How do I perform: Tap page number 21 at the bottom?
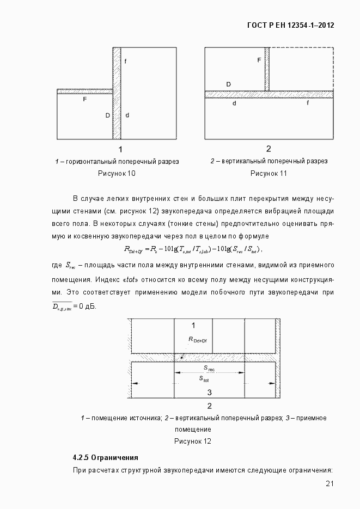pos(329,484)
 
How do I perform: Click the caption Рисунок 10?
pos(117,174)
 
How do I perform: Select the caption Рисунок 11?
pos(269,174)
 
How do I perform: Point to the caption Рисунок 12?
pos(192,441)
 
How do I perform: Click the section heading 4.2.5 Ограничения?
pos(106,457)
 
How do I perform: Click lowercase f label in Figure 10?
pos(125,62)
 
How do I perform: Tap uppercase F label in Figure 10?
pos(85,100)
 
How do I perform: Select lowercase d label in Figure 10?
pos(127,115)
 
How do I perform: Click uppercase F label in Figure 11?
pos(259,60)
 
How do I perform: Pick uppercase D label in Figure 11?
pos(228,84)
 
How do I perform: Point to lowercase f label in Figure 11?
pos(308,102)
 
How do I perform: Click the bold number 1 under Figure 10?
pos(120,149)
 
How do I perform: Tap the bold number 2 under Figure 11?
pos(269,149)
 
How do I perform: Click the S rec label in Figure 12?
pos(209,369)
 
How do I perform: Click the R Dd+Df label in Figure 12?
pos(198,340)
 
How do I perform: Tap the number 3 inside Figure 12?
pos(210,392)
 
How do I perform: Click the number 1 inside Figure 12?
pos(193,325)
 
